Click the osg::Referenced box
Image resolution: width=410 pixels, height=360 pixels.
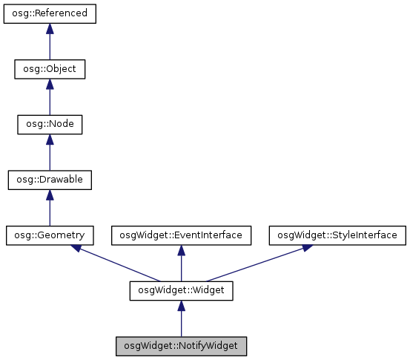[50, 14]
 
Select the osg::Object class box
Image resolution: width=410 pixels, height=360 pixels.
[50, 69]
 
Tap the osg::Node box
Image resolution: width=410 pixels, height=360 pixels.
[50, 124]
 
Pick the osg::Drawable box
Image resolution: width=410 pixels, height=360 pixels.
[50, 180]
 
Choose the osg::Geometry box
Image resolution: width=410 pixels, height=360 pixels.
[50, 235]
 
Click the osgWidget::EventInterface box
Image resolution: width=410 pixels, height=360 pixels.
[181, 235]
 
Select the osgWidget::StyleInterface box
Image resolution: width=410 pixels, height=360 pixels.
[337, 235]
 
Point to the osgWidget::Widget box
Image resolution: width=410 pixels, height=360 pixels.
[181, 291]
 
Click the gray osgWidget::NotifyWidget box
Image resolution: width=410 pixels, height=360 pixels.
[181, 346]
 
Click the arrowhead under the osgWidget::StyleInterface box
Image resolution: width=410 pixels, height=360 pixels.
[304, 249]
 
